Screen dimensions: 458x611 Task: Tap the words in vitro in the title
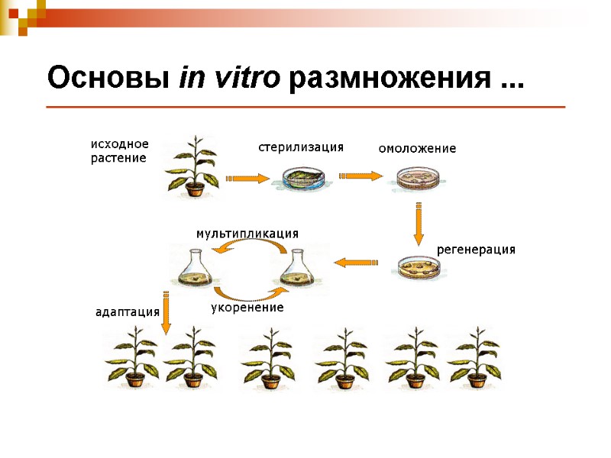tap(230, 78)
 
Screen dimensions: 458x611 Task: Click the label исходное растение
tap(119, 151)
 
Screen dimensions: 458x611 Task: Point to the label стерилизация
tap(301, 147)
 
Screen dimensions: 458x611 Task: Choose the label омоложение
tap(417, 149)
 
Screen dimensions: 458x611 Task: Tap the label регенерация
tap(476, 250)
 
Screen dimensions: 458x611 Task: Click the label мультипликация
tap(247, 233)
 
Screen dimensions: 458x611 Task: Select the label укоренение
tap(247, 308)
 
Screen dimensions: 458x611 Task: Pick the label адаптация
tap(127, 311)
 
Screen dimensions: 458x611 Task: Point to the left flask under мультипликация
tap(195, 268)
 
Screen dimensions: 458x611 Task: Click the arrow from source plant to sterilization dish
tap(247, 179)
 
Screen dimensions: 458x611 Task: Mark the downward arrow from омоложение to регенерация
tap(419, 222)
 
